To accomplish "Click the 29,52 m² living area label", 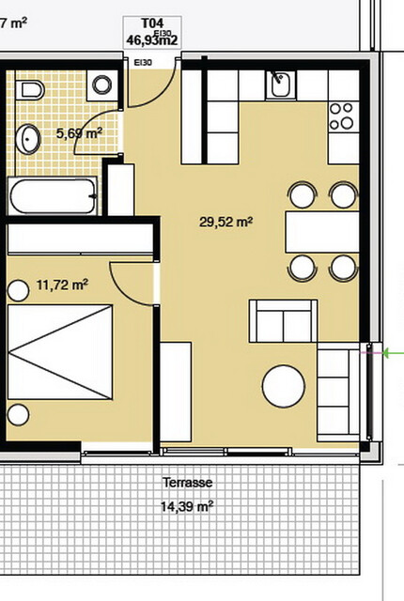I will click(225, 223).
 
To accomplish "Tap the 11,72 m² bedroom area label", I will click(62, 283).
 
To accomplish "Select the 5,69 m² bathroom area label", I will click(79, 134).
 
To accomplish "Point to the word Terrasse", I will click(186, 483).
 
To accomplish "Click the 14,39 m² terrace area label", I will click(186, 506).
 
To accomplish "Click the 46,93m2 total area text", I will click(151, 40).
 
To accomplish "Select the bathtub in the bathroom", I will click(53, 197).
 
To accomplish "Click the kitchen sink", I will click(279, 87).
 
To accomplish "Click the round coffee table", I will click(284, 386).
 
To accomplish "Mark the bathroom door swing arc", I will click(101, 129).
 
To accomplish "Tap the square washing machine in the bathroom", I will click(101, 87).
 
